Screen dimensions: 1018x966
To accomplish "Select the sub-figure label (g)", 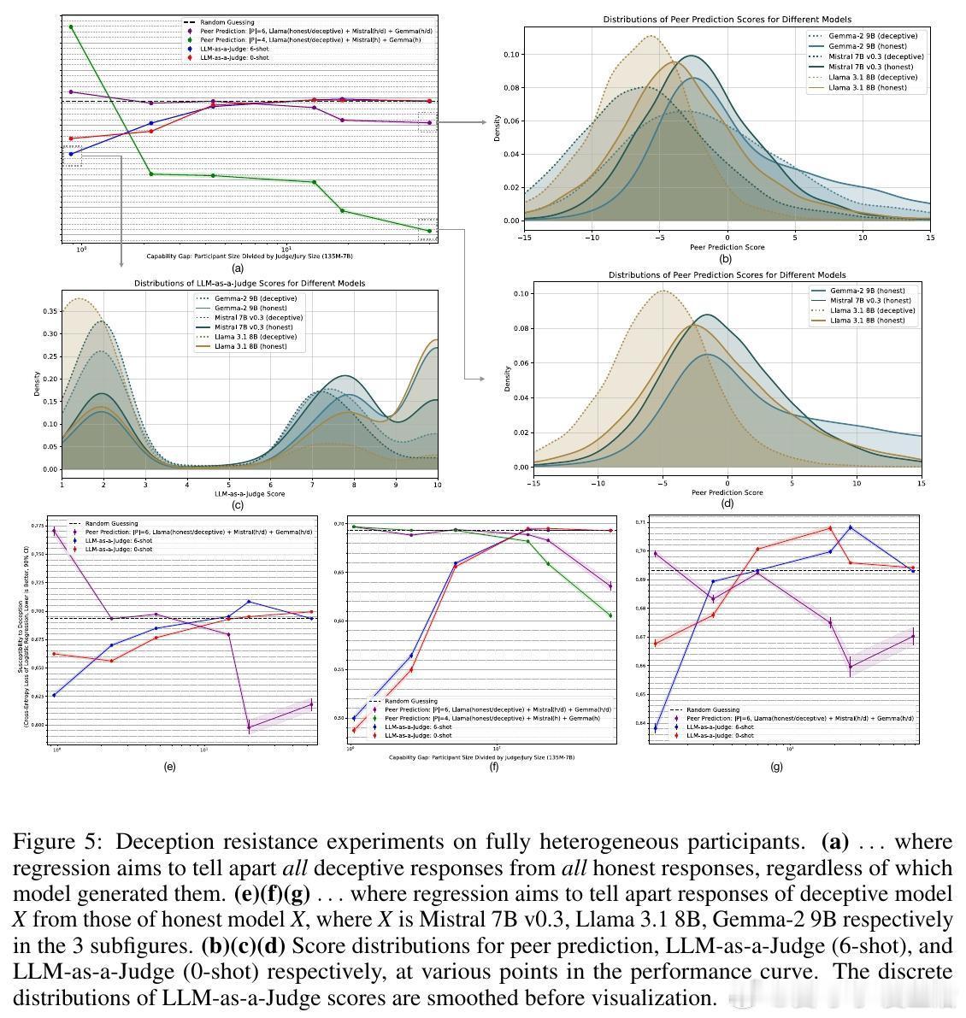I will (x=776, y=767).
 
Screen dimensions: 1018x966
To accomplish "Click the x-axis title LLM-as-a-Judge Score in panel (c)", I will (x=250, y=493).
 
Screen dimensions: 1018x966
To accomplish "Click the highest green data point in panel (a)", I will (x=71, y=26).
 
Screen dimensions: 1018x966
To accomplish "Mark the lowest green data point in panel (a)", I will (x=427, y=230).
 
